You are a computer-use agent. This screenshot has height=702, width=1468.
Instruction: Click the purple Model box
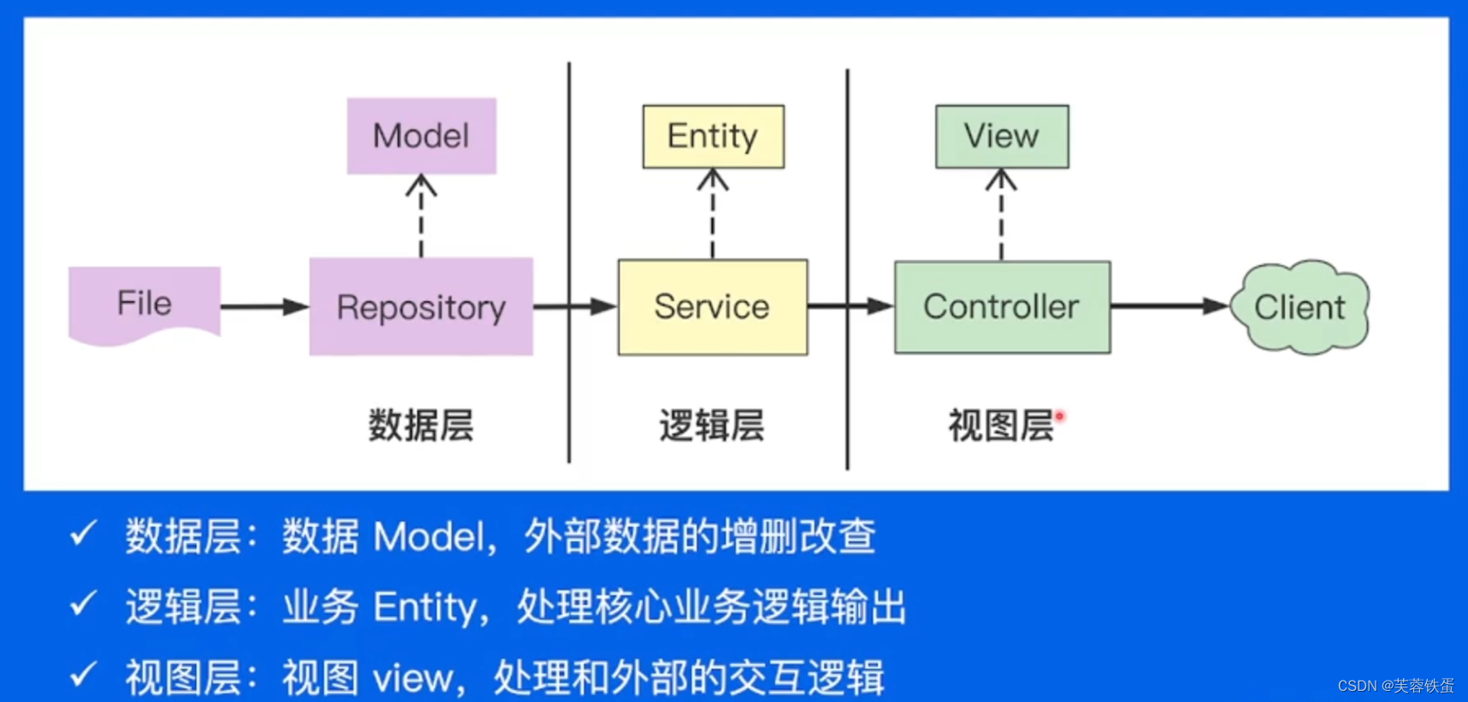(422, 136)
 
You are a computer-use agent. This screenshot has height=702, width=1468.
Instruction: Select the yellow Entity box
(713, 137)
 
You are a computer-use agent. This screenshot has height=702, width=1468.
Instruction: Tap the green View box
(1001, 137)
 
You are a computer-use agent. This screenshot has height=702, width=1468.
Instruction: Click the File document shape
(144, 304)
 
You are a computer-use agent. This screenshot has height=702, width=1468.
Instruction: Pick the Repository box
(422, 307)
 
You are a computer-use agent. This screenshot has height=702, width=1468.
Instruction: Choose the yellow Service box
(712, 307)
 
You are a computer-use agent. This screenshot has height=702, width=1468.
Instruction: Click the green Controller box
(1002, 307)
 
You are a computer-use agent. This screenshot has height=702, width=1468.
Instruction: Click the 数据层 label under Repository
(421, 425)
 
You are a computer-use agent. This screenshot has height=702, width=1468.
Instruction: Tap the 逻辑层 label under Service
(711, 425)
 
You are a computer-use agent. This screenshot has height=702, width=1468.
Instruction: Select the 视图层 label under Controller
(1000, 425)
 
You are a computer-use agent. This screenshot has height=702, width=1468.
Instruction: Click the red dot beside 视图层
(1060, 416)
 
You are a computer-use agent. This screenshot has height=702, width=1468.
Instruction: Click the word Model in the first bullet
(428, 537)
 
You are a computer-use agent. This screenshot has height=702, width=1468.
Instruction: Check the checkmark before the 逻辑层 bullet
(84, 605)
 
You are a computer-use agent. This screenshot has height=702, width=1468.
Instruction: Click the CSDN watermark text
(1395, 686)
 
